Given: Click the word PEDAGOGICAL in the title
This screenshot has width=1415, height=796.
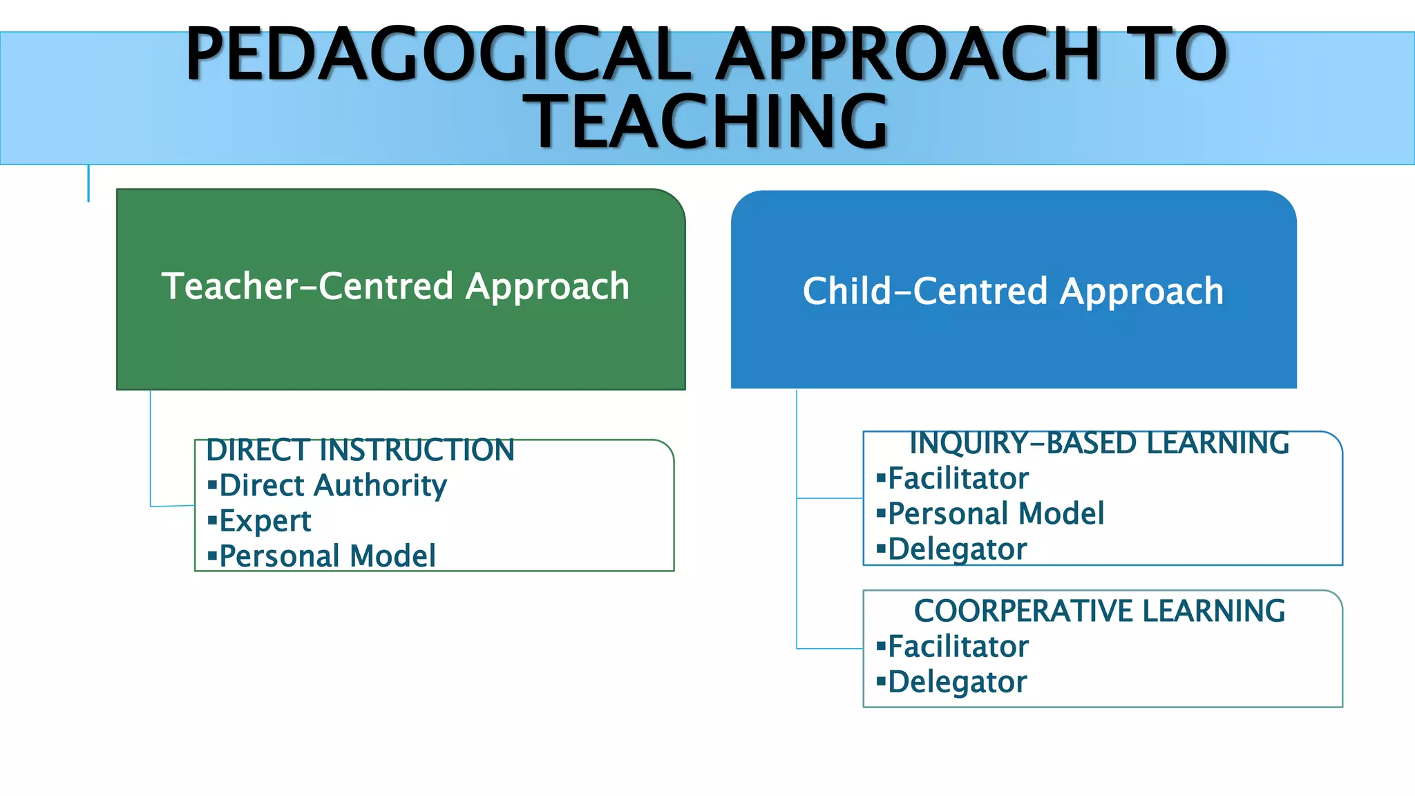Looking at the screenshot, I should tap(439, 54).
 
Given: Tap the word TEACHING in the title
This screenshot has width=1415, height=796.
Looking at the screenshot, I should tap(706, 122).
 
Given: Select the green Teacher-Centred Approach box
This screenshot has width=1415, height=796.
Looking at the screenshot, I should tap(401, 332).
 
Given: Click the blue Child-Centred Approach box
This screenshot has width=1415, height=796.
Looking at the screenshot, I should tap(1014, 339).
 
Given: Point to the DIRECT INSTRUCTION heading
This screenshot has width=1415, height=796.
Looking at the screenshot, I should tap(360, 450).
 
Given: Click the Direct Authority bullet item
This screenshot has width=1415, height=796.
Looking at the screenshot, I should tap(332, 485).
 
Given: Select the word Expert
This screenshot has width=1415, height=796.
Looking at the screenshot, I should tap(265, 521).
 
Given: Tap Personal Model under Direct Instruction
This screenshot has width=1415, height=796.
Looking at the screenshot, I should tap(327, 556).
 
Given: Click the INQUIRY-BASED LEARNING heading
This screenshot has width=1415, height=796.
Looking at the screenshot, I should tap(1099, 443).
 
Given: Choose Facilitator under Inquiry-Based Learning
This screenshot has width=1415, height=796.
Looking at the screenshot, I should tap(958, 478).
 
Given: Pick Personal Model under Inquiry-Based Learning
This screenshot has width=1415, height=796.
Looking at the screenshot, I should tap(996, 513).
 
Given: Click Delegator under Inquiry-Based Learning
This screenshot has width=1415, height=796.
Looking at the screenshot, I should tap(957, 549).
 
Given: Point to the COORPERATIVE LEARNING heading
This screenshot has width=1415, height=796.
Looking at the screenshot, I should tap(1099, 611).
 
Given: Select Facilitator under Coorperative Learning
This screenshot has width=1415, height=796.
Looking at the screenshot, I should tap(958, 647).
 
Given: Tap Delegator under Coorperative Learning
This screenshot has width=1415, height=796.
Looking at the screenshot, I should tap(957, 682).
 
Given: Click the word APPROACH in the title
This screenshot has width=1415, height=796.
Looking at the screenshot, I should tap(906, 54).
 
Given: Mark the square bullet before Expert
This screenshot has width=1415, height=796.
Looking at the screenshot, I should tap(212, 520).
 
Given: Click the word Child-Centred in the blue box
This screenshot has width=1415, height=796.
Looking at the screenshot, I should tap(925, 291).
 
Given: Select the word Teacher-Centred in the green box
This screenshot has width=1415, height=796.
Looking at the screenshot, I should tap(307, 286).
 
